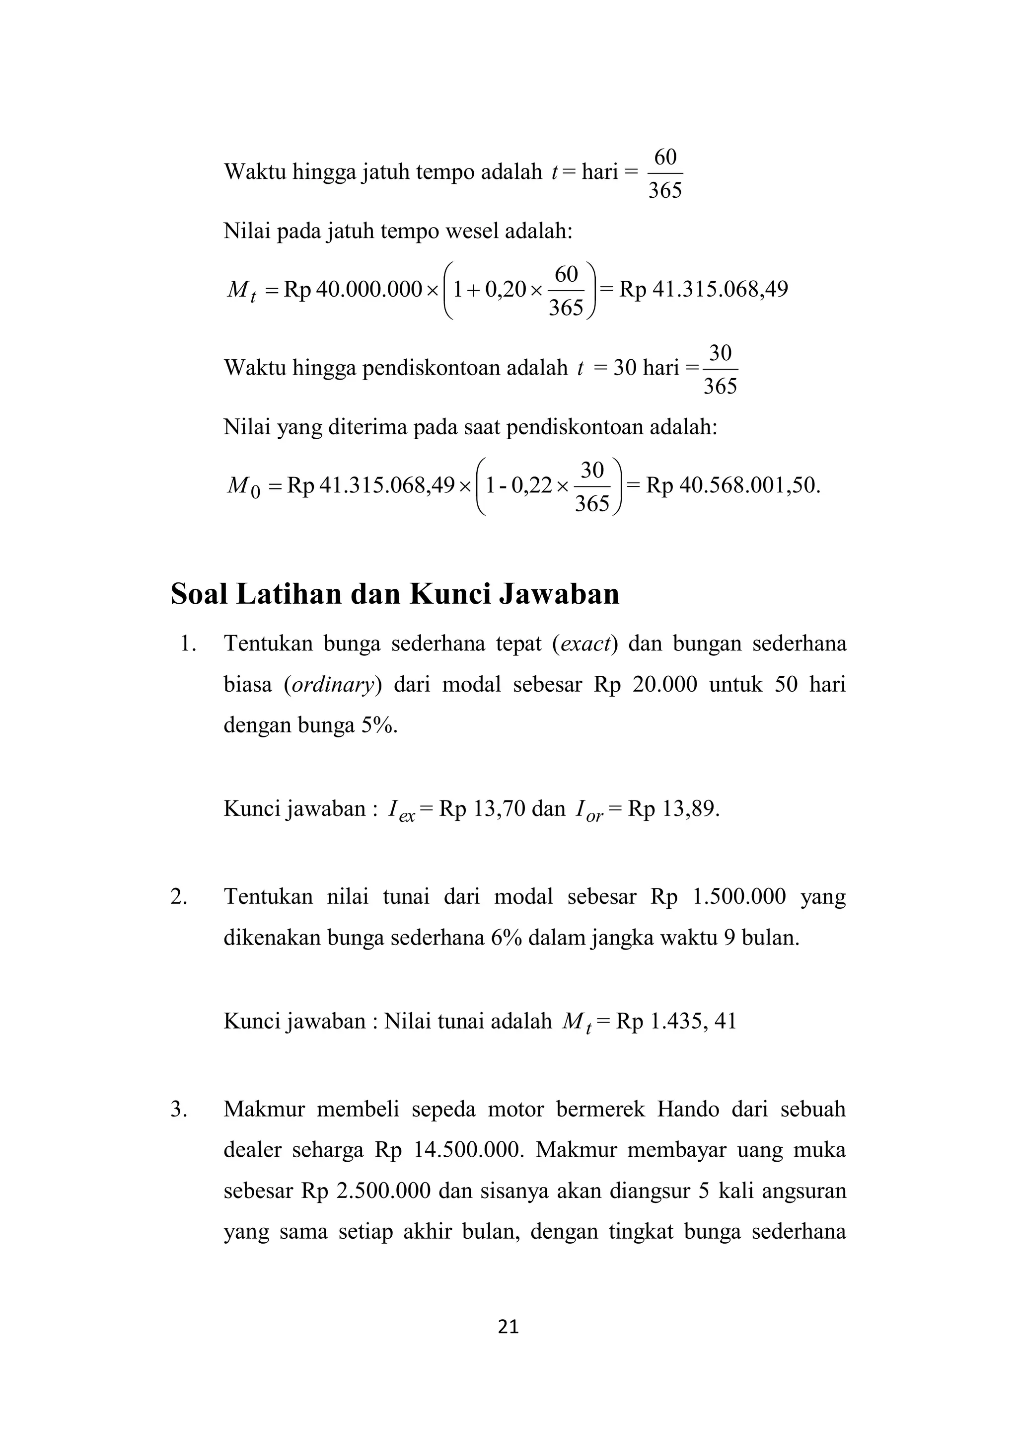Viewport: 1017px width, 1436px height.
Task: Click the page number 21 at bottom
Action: point(508,1326)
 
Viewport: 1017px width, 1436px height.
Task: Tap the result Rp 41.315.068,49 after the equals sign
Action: point(703,290)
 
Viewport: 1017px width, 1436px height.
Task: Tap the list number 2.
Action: point(179,896)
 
